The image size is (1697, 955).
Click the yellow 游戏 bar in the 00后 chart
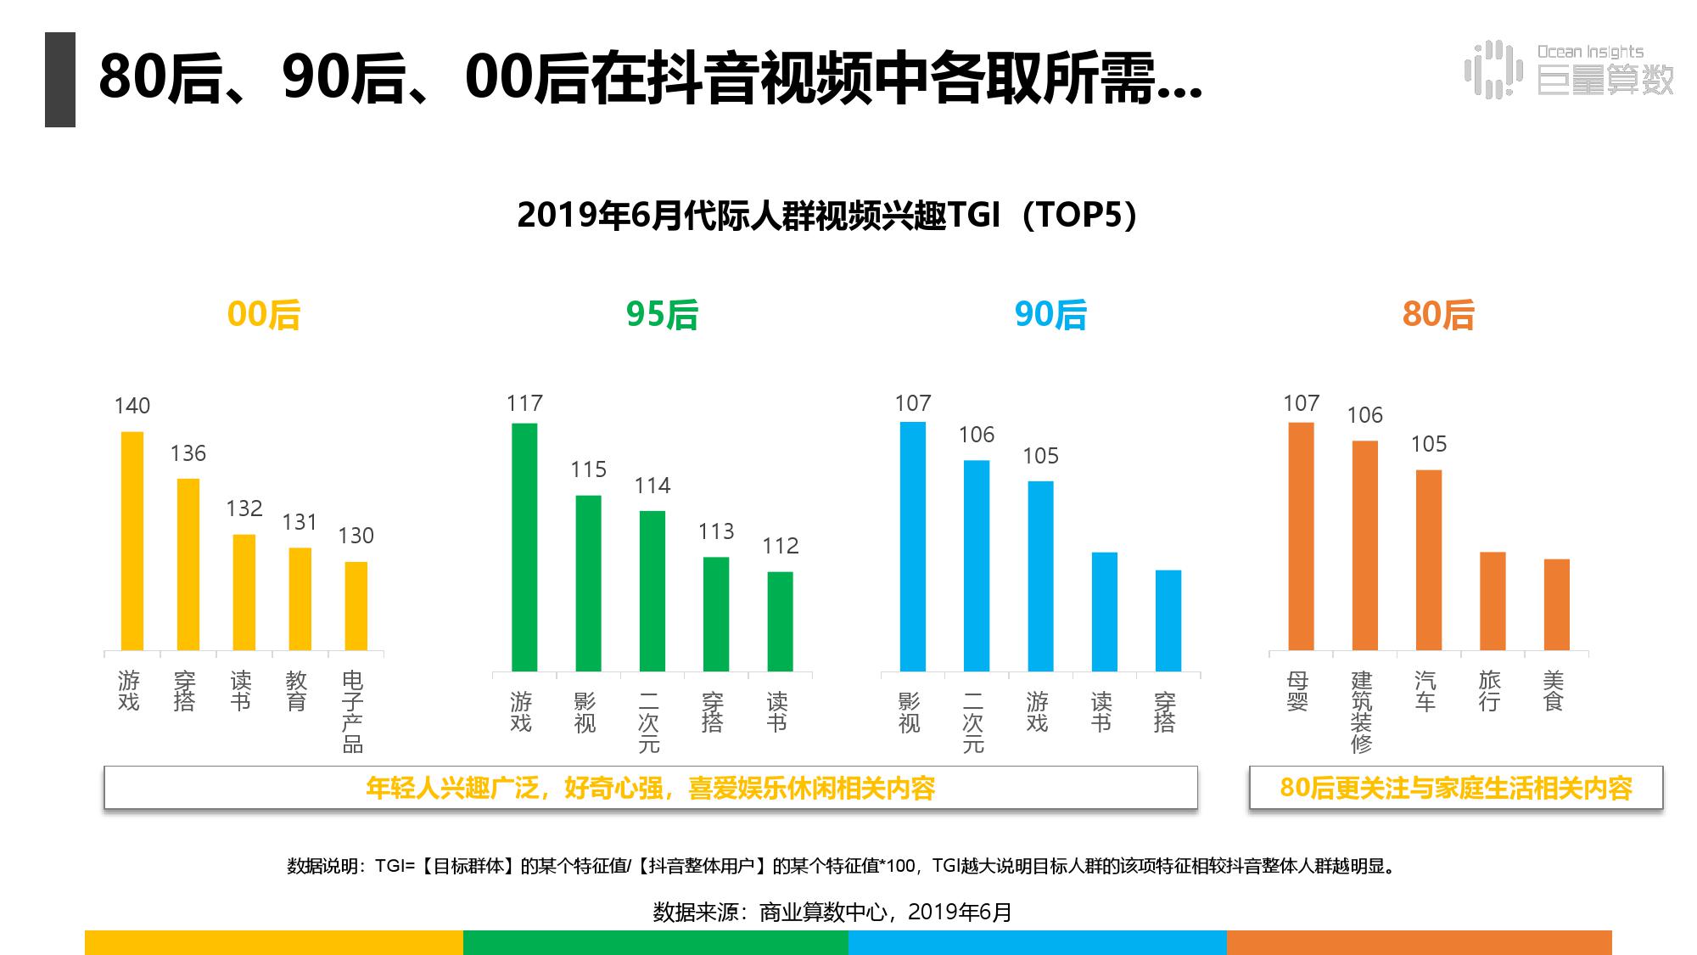132,541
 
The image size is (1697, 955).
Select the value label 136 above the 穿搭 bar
188,453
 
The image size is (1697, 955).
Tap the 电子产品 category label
352,711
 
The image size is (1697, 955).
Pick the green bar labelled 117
524,547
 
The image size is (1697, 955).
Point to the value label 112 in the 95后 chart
780,546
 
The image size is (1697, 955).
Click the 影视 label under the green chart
585,712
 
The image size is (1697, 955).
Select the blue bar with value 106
977,565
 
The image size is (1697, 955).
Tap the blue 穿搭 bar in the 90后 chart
1168,621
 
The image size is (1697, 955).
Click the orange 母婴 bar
1301,536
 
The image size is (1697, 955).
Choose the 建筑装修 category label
1361,711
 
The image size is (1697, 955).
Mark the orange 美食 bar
1556,604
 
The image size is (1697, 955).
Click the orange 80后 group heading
1438,315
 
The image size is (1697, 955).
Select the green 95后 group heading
662,315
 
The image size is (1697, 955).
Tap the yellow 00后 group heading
264,315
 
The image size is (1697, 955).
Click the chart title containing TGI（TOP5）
827,215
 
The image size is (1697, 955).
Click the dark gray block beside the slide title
60,80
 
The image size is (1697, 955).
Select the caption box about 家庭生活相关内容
1455,788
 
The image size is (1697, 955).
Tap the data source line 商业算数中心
832,912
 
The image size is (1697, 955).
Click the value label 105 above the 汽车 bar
1429,444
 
